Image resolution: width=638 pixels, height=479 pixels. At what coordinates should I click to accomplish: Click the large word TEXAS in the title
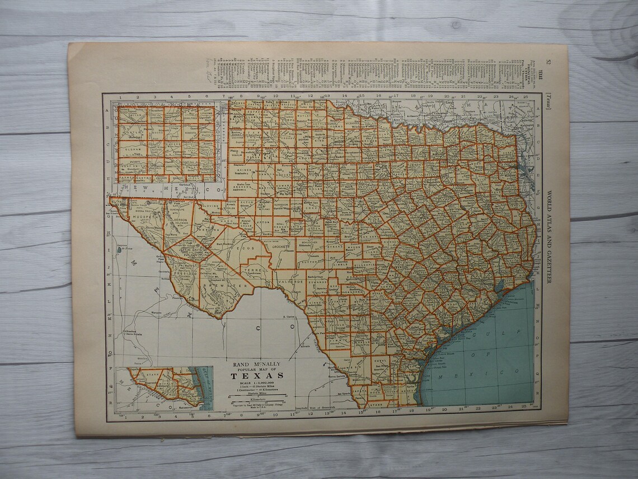coord(256,376)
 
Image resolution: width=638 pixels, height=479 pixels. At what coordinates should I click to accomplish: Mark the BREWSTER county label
coord(227,285)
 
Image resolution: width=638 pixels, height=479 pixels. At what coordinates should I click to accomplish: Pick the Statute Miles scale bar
coord(256,395)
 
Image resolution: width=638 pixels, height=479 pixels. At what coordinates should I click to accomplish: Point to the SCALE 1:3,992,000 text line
coord(256,383)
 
